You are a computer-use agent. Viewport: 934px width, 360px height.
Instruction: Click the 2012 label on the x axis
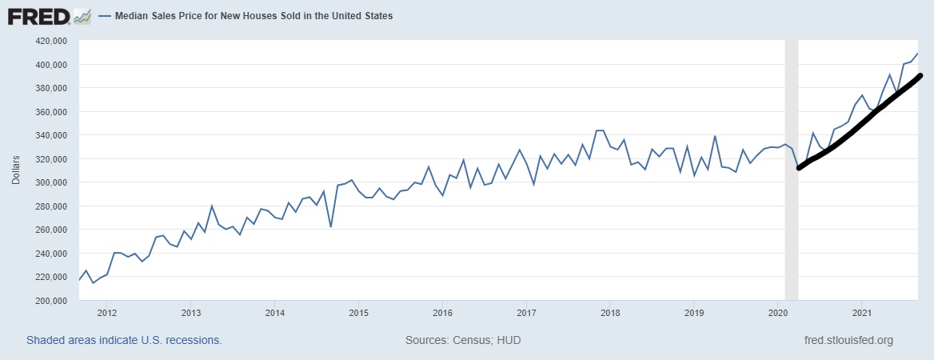click(x=106, y=312)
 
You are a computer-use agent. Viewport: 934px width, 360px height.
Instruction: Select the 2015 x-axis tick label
click(x=358, y=312)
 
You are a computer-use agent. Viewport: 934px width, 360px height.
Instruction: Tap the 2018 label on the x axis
click(x=610, y=312)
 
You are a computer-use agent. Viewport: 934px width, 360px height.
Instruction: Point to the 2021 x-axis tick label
click(x=862, y=312)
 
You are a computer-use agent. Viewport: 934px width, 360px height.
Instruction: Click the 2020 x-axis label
click(x=778, y=312)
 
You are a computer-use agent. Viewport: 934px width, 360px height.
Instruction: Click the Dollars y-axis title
click(x=16, y=170)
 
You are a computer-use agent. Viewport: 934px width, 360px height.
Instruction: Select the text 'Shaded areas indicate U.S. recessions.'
click(x=124, y=340)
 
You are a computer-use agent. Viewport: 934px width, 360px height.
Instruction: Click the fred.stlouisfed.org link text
click(x=848, y=340)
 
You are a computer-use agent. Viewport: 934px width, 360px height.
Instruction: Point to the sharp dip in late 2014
click(x=330, y=226)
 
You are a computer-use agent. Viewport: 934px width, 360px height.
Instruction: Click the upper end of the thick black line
click(x=920, y=76)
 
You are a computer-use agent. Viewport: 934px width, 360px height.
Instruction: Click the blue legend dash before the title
click(x=104, y=16)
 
